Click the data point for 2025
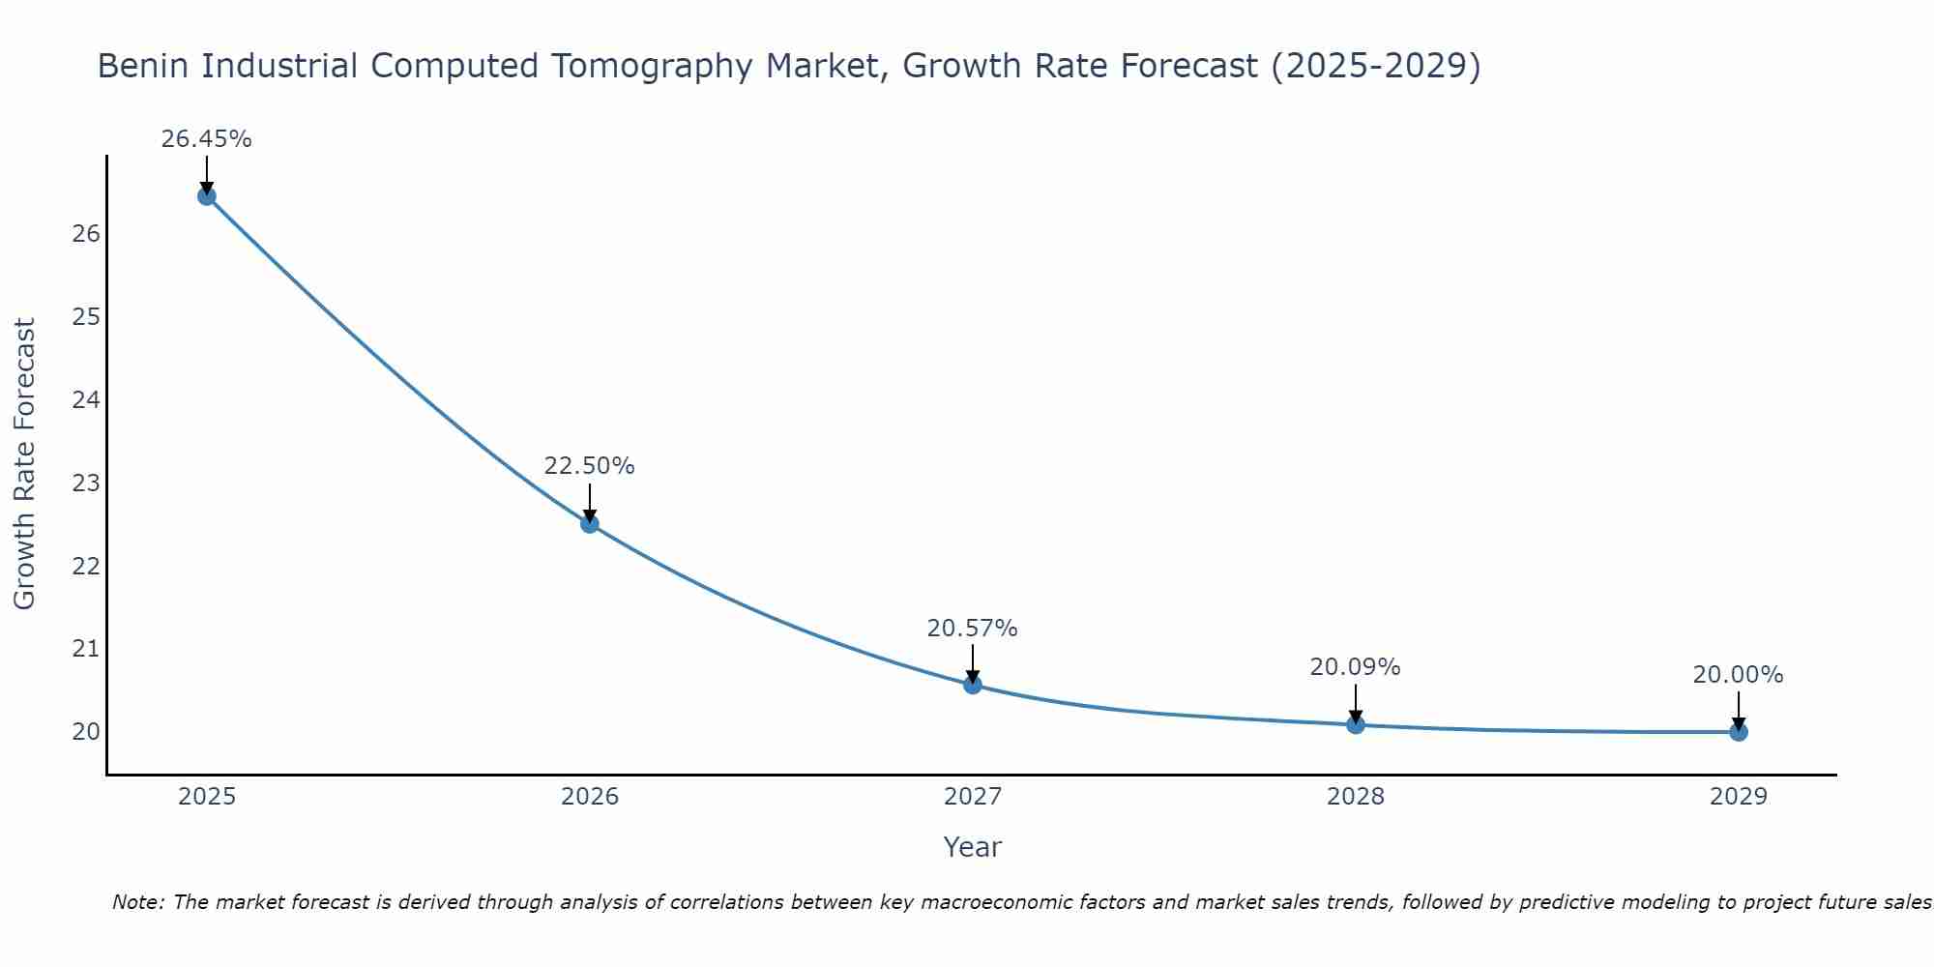click(206, 196)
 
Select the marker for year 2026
click(590, 524)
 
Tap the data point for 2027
click(973, 685)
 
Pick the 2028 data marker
click(1356, 724)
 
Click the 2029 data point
click(1739, 732)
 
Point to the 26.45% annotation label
click(206, 139)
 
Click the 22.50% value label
click(590, 466)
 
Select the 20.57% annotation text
click(973, 629)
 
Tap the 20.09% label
click(1356, 667)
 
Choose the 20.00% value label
click(1739, 675)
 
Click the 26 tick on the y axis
click(86, 234)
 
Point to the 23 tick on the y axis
click(86, 483)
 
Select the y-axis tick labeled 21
click(86, 648)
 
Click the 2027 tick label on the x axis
click(973, 797)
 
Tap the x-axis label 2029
click(1739, 797)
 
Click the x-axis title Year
click(973, 847)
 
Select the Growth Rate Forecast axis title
click(25, 464)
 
